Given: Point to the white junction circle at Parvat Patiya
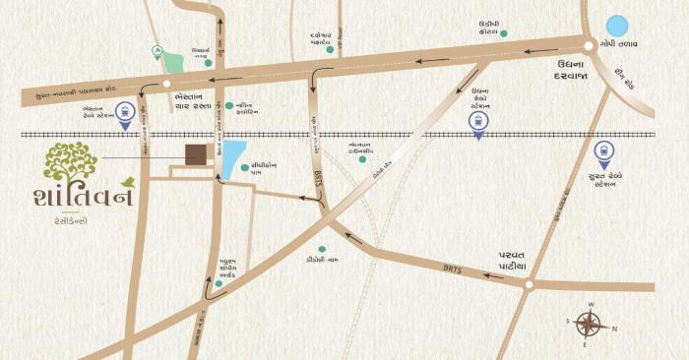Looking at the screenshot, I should pyautogui.click(x=528, y=285).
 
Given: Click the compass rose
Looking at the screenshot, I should pyautogui.click(x=590, y=325).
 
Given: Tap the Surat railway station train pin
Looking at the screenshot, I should pyautogui.click(x=603, y=153).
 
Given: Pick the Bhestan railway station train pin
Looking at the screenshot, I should pyautogui.click(x=124, y=114).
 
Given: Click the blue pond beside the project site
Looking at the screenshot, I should pyautogui.click(x=234, y=157).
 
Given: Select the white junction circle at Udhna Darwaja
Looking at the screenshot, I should pyautogui.click(x=589, y=45).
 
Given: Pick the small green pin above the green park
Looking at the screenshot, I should pyautogui.click(x=156, y=49).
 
